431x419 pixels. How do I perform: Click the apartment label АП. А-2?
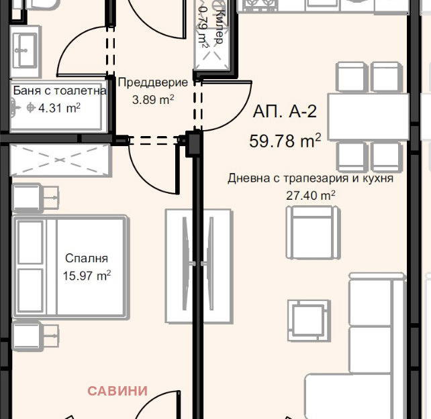(285, 111)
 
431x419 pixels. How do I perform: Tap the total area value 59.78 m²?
(285, 141)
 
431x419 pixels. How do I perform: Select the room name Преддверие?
(153, 82)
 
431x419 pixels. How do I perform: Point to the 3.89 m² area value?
(153, 100)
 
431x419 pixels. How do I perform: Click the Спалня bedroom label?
(87, 258)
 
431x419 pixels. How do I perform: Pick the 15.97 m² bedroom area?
(87, 276)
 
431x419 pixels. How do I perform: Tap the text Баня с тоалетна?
(60, 91)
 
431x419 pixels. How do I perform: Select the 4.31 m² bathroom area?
(59, 108)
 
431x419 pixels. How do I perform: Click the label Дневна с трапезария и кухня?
(311, 178)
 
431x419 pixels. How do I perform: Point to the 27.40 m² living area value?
(311, 196)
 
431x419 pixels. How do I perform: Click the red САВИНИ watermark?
(117, 391)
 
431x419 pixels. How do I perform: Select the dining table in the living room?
(369, 117)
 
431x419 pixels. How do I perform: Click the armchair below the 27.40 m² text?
(314, 233)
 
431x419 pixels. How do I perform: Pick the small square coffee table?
(309, 320)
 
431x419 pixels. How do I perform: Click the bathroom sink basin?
(26, 50)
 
